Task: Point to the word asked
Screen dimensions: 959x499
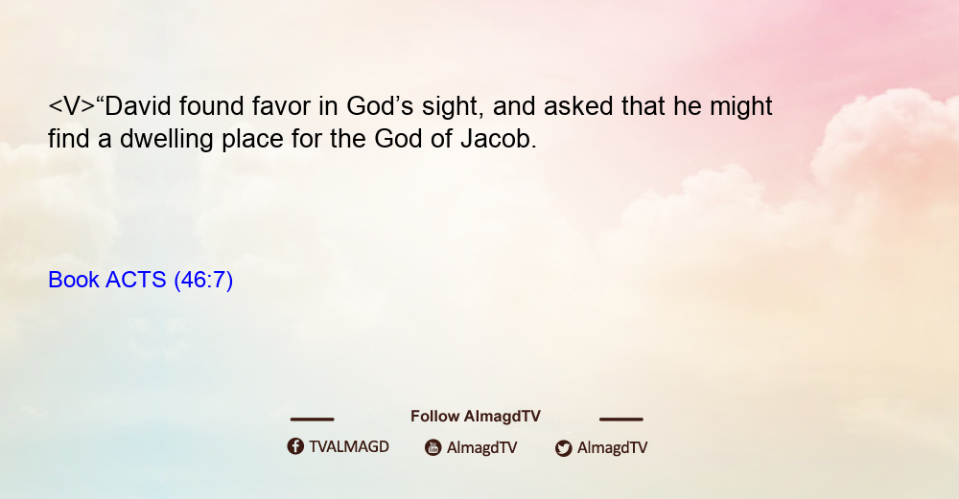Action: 578,106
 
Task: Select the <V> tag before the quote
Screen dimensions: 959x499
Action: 72,106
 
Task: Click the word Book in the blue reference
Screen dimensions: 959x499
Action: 74,280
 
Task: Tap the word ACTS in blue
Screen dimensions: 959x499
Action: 136,280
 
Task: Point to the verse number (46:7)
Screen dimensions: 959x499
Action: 203,281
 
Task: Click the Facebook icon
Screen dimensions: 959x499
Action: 295,446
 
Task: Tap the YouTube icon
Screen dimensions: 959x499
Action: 433,447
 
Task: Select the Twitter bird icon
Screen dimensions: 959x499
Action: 563,448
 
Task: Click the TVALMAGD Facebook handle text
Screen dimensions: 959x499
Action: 349,447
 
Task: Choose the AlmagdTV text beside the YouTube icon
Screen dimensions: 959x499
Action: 482,448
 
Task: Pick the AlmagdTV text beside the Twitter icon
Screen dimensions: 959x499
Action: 612,448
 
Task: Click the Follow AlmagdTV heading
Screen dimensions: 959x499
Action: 476,417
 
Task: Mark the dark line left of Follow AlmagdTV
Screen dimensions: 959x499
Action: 312,420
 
